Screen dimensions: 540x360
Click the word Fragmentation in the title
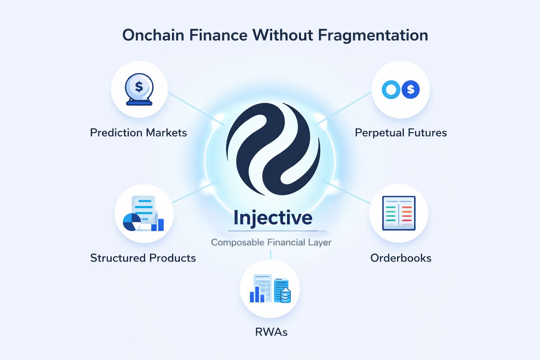pos(373,36)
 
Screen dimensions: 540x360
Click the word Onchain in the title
pos(153,35)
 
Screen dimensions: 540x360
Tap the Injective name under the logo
pos(273,218)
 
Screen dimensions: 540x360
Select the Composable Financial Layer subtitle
pos(271,242)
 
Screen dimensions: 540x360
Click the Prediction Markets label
pos(139,133)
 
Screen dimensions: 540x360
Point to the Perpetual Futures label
pos(401,133)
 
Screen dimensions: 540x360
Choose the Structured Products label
pos(143,258)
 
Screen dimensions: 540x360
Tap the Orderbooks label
pos(401,258)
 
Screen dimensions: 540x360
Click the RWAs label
pos(271,332)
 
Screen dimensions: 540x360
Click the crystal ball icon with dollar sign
pos(139,89)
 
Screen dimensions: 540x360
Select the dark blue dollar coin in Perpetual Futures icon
pos(411,89)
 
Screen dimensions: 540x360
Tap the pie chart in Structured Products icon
pos(132,222)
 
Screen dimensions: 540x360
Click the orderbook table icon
pos(399,213)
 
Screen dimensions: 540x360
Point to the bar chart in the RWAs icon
pos(257,294)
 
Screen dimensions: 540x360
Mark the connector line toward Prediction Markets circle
pos(196,109)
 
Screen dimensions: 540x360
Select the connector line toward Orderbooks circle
pos(346,192)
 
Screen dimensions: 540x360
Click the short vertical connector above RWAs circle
pos(271,255)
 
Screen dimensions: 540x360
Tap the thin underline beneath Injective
pos(277,231)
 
